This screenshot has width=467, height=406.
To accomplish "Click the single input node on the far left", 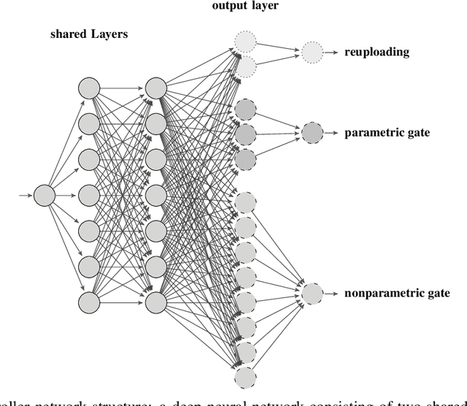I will pos(45,195).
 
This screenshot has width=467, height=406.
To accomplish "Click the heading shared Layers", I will pos(85,34).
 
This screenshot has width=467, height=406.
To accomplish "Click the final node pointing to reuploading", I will pos(311,52).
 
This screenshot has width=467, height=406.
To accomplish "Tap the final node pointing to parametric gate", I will pos(312,133).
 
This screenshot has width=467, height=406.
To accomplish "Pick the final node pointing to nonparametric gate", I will pos(312,294).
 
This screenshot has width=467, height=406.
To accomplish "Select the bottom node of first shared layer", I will pos(88,302).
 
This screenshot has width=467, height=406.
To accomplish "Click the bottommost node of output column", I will pos(245,378).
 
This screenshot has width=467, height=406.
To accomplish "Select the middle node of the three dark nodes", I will pos(245,134).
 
